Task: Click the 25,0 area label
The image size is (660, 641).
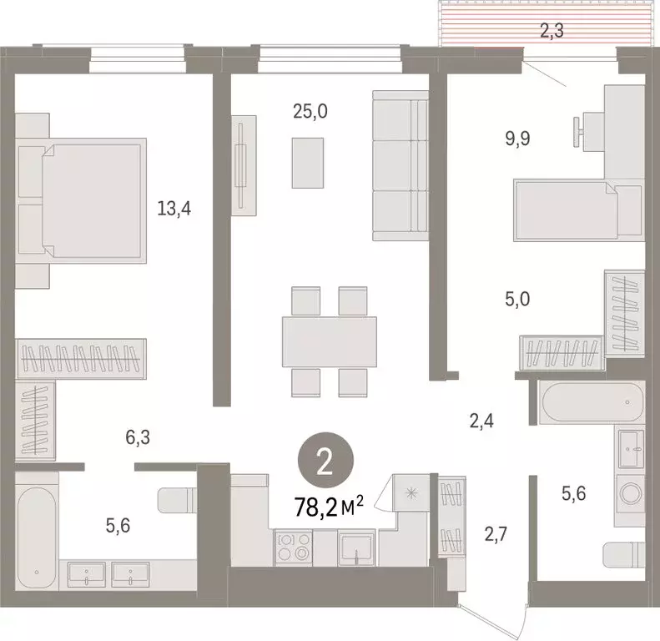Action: click(x=310, y=112)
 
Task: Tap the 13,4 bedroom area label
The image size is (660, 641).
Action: click(x=174, y=209)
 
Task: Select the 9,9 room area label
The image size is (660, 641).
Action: click(x=517, y=139)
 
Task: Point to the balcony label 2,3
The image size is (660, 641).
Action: click(x=552, y=31)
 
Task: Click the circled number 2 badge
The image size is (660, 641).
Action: click(x=325, y=460)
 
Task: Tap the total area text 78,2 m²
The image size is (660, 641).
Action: click(x=329, y=507)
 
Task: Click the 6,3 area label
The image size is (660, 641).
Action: click(x=138, y=437)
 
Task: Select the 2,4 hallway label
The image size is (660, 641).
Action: click(x=481, y=421)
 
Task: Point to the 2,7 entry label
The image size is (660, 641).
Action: click(x=496, y=534)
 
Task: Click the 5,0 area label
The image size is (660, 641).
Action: click(x=517, y=299)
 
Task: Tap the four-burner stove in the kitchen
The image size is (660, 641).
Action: click(x=294, y=548)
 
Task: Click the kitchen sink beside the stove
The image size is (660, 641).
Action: click(x=356, y=548)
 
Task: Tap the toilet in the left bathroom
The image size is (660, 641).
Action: click(x=178, y=500)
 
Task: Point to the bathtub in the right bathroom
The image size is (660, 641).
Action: click(x=592, y=403)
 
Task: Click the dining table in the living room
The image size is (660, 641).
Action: click(x=329, y=342)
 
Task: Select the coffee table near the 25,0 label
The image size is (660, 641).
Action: click(x=308, y=163)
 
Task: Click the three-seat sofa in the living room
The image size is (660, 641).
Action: click(x=401, y=165)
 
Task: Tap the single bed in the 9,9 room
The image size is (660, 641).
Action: click(x=579, y=210)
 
